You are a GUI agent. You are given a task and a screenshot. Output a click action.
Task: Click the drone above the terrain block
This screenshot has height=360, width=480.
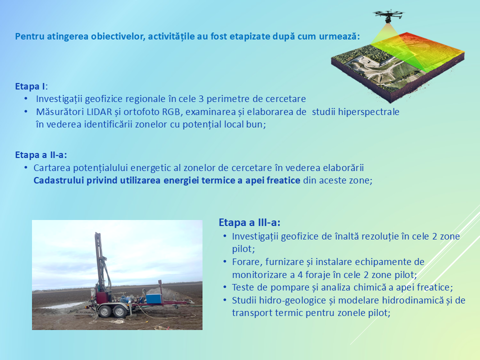(388, 15)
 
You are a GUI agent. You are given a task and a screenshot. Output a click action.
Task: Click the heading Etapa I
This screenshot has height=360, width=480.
(31, 86)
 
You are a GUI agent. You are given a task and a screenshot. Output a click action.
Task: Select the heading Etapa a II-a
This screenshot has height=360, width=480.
(41, 155)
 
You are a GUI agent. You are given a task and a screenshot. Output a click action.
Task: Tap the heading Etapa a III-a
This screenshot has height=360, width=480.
(249, 222)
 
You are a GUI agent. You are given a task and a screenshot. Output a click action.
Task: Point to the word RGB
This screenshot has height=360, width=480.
(171, 111)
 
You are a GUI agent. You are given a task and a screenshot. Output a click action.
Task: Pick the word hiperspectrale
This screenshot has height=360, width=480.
(368, 111)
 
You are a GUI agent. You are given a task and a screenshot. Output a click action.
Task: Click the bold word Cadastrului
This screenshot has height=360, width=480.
(58, 180)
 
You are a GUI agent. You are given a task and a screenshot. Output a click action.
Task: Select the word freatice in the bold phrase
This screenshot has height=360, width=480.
(283, 180)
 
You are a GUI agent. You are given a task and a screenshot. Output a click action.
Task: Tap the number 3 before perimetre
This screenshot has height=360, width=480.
(201, 99)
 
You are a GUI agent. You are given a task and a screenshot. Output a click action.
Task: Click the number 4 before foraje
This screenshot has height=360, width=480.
(300, 274)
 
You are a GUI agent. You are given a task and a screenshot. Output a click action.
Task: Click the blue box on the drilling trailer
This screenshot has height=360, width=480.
(153, 299)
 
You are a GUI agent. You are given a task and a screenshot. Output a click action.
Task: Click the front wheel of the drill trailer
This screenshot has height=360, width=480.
(105, 311)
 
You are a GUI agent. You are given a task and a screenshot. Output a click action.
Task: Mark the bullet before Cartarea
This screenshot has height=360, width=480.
(25, 168)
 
